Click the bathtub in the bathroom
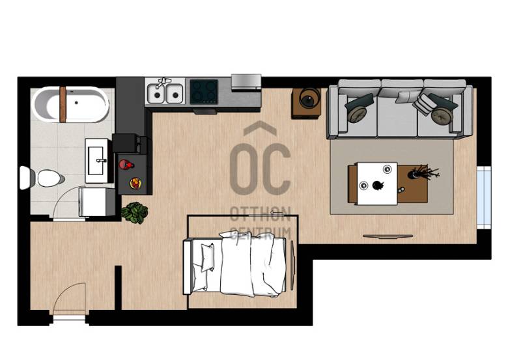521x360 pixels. tap(71, 104)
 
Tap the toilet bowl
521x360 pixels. tap(50, 178)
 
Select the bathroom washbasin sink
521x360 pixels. tap(96, 161)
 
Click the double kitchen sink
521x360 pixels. tap(165, 92)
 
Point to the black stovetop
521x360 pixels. tap(204, 91)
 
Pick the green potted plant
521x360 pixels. tap(135, 212)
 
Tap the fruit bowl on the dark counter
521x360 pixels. tap(135, 183)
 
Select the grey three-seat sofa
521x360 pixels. tap(400, 109)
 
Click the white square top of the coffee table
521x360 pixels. tap(377, 184)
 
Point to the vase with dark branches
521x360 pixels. tap(423, 172)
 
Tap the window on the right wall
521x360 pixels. tap(484, 198)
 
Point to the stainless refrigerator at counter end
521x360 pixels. tap(246, 82)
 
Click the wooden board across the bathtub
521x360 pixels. tap(63, 104)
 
